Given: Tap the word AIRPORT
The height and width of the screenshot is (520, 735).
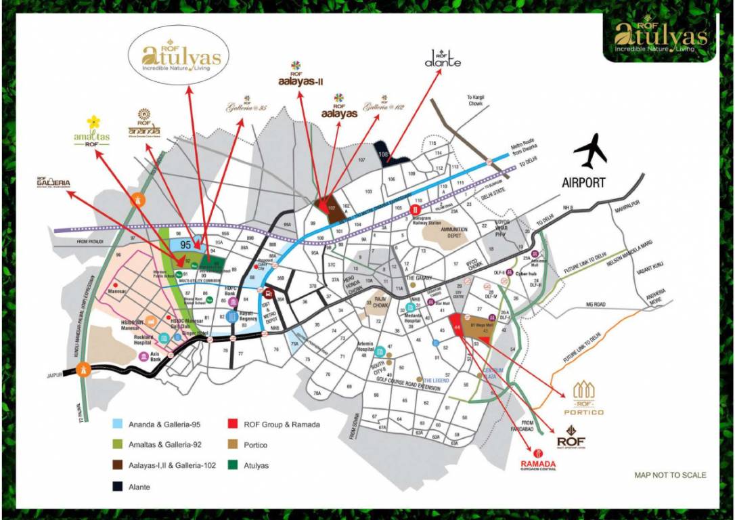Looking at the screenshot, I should pos(583,182).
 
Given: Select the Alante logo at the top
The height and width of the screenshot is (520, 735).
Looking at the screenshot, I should pos(443,62).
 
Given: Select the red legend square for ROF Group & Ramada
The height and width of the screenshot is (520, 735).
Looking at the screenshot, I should pos(232,425).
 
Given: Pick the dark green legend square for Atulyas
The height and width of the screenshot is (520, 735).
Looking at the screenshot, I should pos(232,465).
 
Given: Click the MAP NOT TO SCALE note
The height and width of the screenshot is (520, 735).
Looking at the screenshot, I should pos(669,475).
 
